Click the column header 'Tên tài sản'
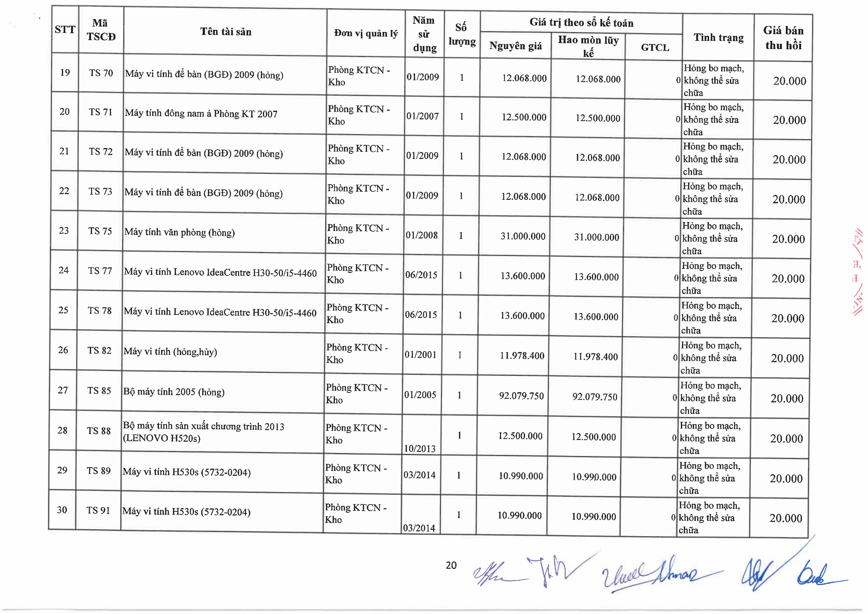(x=226, y=32)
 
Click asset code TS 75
(x=100, y=231)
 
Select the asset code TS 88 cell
(x=99, y=431)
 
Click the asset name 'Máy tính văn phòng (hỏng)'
(x=180, y=232)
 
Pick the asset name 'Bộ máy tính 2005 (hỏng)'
(x=174, y=392)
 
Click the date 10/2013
(x=420, y=449)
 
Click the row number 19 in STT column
(x=65, y=72)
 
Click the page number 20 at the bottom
(x=451, y=565)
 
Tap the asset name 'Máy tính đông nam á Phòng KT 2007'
(x=201, y=113)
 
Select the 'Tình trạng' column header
(x=718, y=38)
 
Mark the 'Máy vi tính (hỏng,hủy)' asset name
(x=170, y=352)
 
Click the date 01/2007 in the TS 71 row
(x=422, y=116)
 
